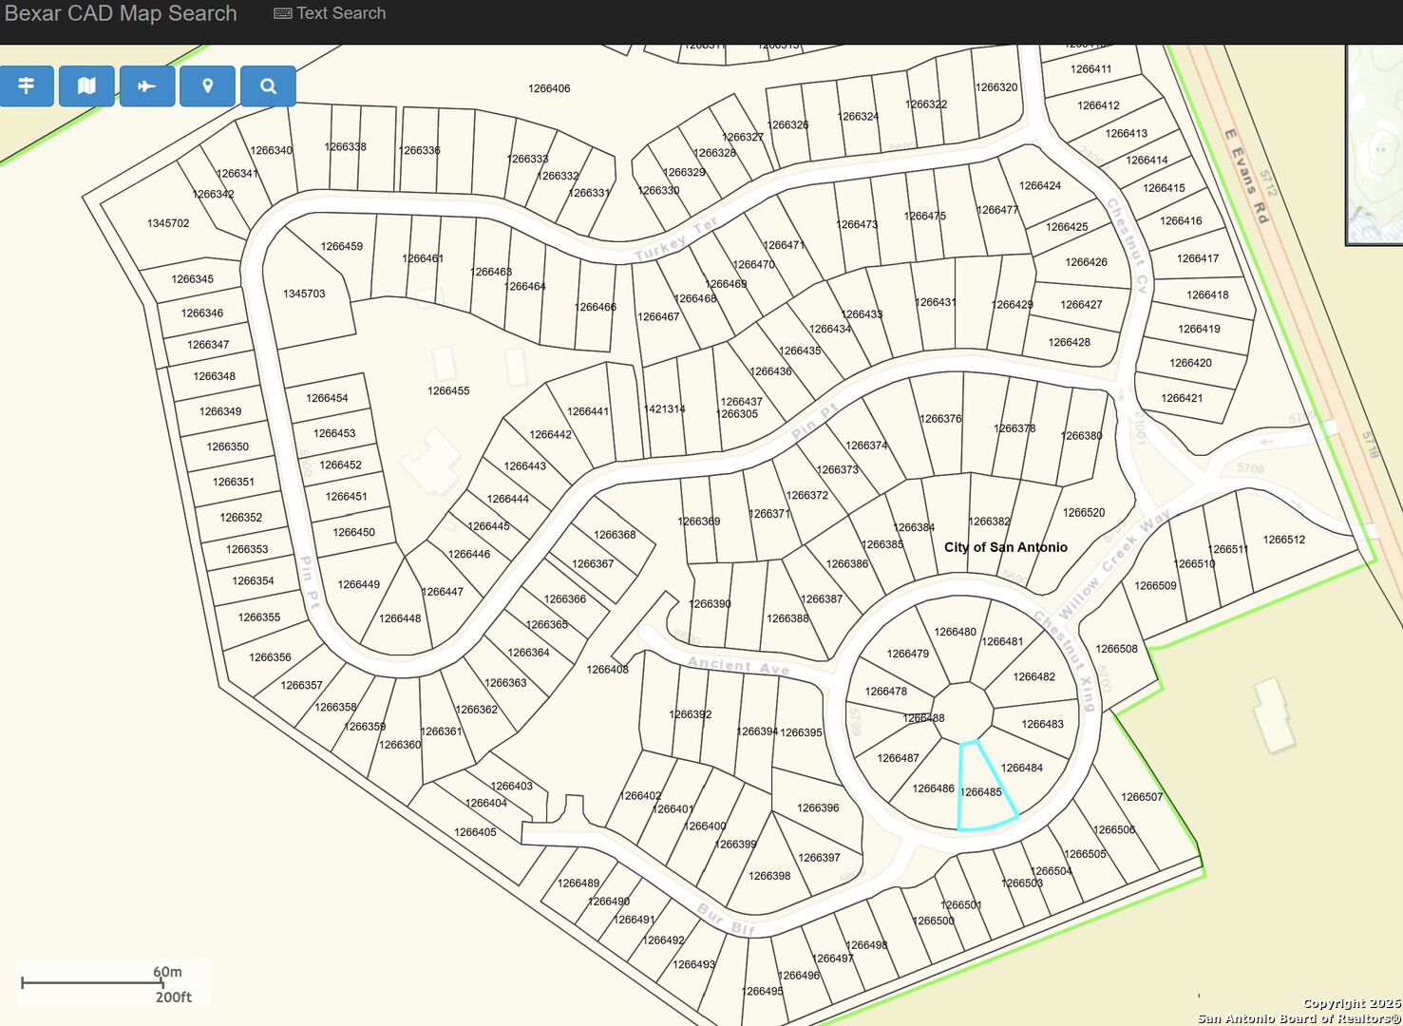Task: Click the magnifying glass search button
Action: click(x=268, y=86)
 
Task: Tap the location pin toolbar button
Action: click(x=207, y=86)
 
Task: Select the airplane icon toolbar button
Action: click(x=146, y=86)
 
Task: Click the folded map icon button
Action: click(x=86, y=86)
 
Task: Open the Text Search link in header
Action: click(x=330, y=13)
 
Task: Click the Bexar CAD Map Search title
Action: click(x=121, y=13)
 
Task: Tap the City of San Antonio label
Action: click(x=1005, y=547)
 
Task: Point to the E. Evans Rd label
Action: click(x=1246, y=176)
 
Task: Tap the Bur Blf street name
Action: click(x=727, y=919)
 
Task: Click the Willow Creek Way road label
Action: click(x=1114, y=566)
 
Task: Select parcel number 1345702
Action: click(x=168, y=223)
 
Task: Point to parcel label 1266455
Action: click(x=448, y=390)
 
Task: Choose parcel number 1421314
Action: click(x=664, y=409)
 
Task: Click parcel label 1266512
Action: click(x=1283, y=540)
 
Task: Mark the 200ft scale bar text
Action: click(x=174, y=997)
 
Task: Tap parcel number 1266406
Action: click(x=549, y=88)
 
